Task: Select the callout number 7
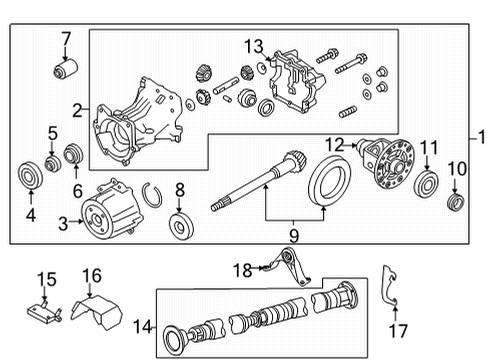(66, 39)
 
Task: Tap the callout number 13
(255, 47)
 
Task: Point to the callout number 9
(294, 235)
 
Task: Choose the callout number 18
(241, 269)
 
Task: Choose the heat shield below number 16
(98, 315)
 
